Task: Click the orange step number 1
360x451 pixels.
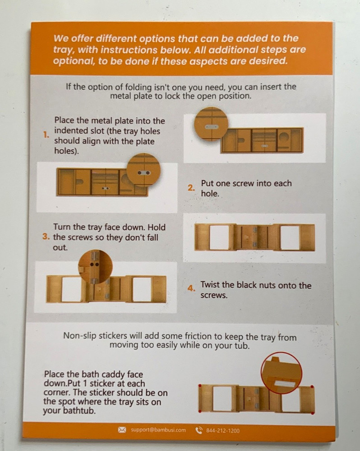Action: tap(46, 134)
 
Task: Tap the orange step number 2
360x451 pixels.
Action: tap(191, 188)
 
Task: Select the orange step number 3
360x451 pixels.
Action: tap(46, 236)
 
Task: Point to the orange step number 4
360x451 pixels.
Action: tap(191, 288)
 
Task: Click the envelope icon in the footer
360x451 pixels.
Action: tap(122, 430)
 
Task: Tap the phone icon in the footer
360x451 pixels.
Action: tap(199, 430)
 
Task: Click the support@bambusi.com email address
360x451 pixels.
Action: tap(158, 430)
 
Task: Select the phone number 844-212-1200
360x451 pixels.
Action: tap(223, 431)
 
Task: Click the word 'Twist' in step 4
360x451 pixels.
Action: tap(210, 285)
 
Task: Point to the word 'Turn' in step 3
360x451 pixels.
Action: tap(62, 227)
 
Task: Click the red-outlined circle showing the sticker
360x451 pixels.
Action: tap(282, 373)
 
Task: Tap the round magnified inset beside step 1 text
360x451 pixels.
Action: tap(211, 124)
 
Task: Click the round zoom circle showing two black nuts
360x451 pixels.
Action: tap(95, 267)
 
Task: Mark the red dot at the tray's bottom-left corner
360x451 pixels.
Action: tap(200, 411)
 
